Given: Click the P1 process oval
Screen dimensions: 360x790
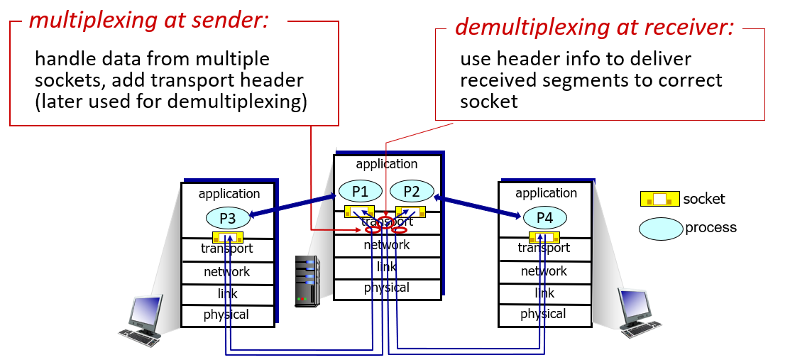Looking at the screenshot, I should pyautogui.click(x=361, y=191).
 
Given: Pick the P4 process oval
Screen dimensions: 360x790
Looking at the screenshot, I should pyautogui.click(x=544, y=217).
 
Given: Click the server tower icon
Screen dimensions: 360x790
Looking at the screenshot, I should pyautogui.click(x=307, y=281).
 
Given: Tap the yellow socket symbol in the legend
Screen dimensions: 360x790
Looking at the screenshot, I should pyautogui.click(x=659, y=200).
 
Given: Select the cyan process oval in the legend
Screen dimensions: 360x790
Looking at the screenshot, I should pyautogui.click(x=661, y=229).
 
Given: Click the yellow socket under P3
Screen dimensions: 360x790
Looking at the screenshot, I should pyautogui.click(x=228, y=237).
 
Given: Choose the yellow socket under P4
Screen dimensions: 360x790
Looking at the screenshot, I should pyautogui.click(x=544, y=236).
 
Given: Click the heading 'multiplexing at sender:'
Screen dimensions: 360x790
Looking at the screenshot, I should pyautogui.click(x=149, y=21).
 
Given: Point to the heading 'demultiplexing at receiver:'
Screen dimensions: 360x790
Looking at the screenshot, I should pyautogui.click(x=594, y=27).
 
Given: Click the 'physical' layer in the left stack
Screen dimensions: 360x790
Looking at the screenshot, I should pyautogui.click(x=226, y=315).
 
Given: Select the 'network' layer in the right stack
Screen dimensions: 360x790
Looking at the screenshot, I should pyautogui.click(x=544, y=271).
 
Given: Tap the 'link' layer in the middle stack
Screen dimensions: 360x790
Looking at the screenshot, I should pyautogui.click(x=387, y=267).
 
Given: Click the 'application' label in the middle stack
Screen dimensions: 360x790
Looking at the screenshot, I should pyautogui.click(x=387, y=164).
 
